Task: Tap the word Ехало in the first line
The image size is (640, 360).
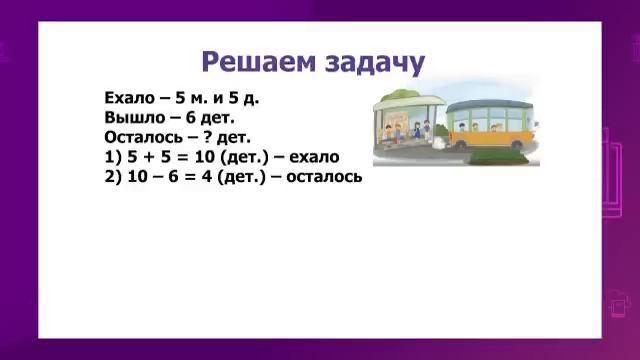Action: [125, 98]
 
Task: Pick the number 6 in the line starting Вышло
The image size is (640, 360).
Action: [191, 117]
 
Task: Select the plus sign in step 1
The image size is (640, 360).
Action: [147, 156]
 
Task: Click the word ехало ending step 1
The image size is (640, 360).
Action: [314, 156]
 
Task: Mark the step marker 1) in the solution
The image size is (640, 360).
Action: [112, 156]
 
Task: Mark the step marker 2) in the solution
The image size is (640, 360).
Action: [112, 175]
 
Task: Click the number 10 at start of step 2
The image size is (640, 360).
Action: [136, 175]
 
